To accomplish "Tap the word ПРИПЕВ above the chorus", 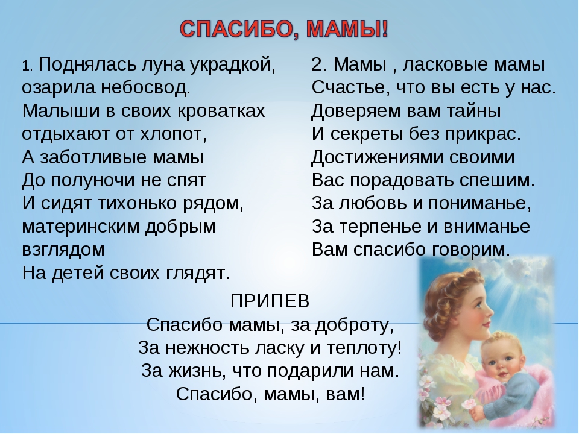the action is (x=270, y=301).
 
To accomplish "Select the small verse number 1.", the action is (x=27, y=66).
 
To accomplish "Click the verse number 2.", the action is (x=318, y=64).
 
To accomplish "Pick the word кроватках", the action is (x=221, y=111).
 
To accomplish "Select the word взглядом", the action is (x=63, y=250).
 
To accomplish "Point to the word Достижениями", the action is (x=378, y=157).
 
